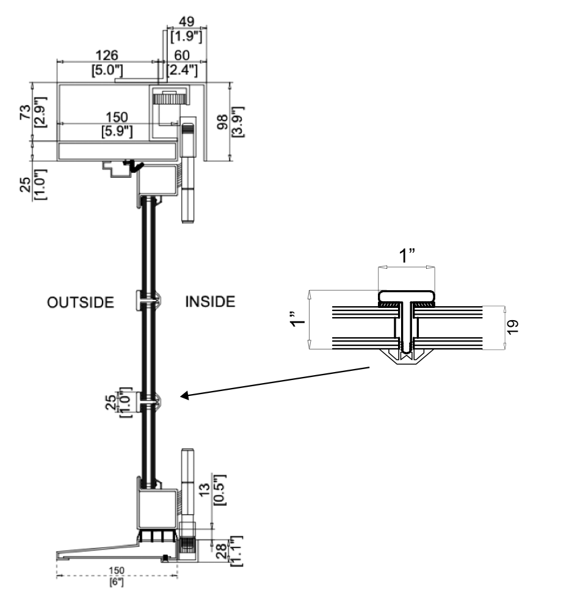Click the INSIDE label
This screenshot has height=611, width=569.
click(x=209, y=302)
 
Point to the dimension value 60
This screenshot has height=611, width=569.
click(x=183, y=56)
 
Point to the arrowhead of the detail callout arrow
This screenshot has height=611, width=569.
click(x=183, y=397)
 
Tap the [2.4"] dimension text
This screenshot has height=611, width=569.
click(x=183, y=70)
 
